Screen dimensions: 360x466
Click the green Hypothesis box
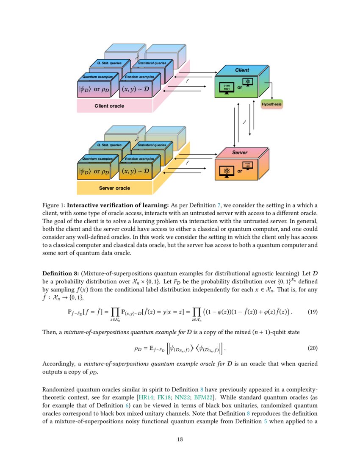click(x=271, y=104)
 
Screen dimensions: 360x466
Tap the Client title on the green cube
click(x=242, y=70)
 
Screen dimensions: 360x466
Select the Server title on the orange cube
click(x=240, y=152)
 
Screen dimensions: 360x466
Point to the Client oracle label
click(x=109, y=106)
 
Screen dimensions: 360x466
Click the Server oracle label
click(x=114, y=188)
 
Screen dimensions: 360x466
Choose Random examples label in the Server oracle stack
click(x=140, y=159)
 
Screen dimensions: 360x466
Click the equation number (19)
click(x=312, y=312)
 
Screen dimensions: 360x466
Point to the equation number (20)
click(x=312, y=349)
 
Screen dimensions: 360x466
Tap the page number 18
click(x=180, y=439)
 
